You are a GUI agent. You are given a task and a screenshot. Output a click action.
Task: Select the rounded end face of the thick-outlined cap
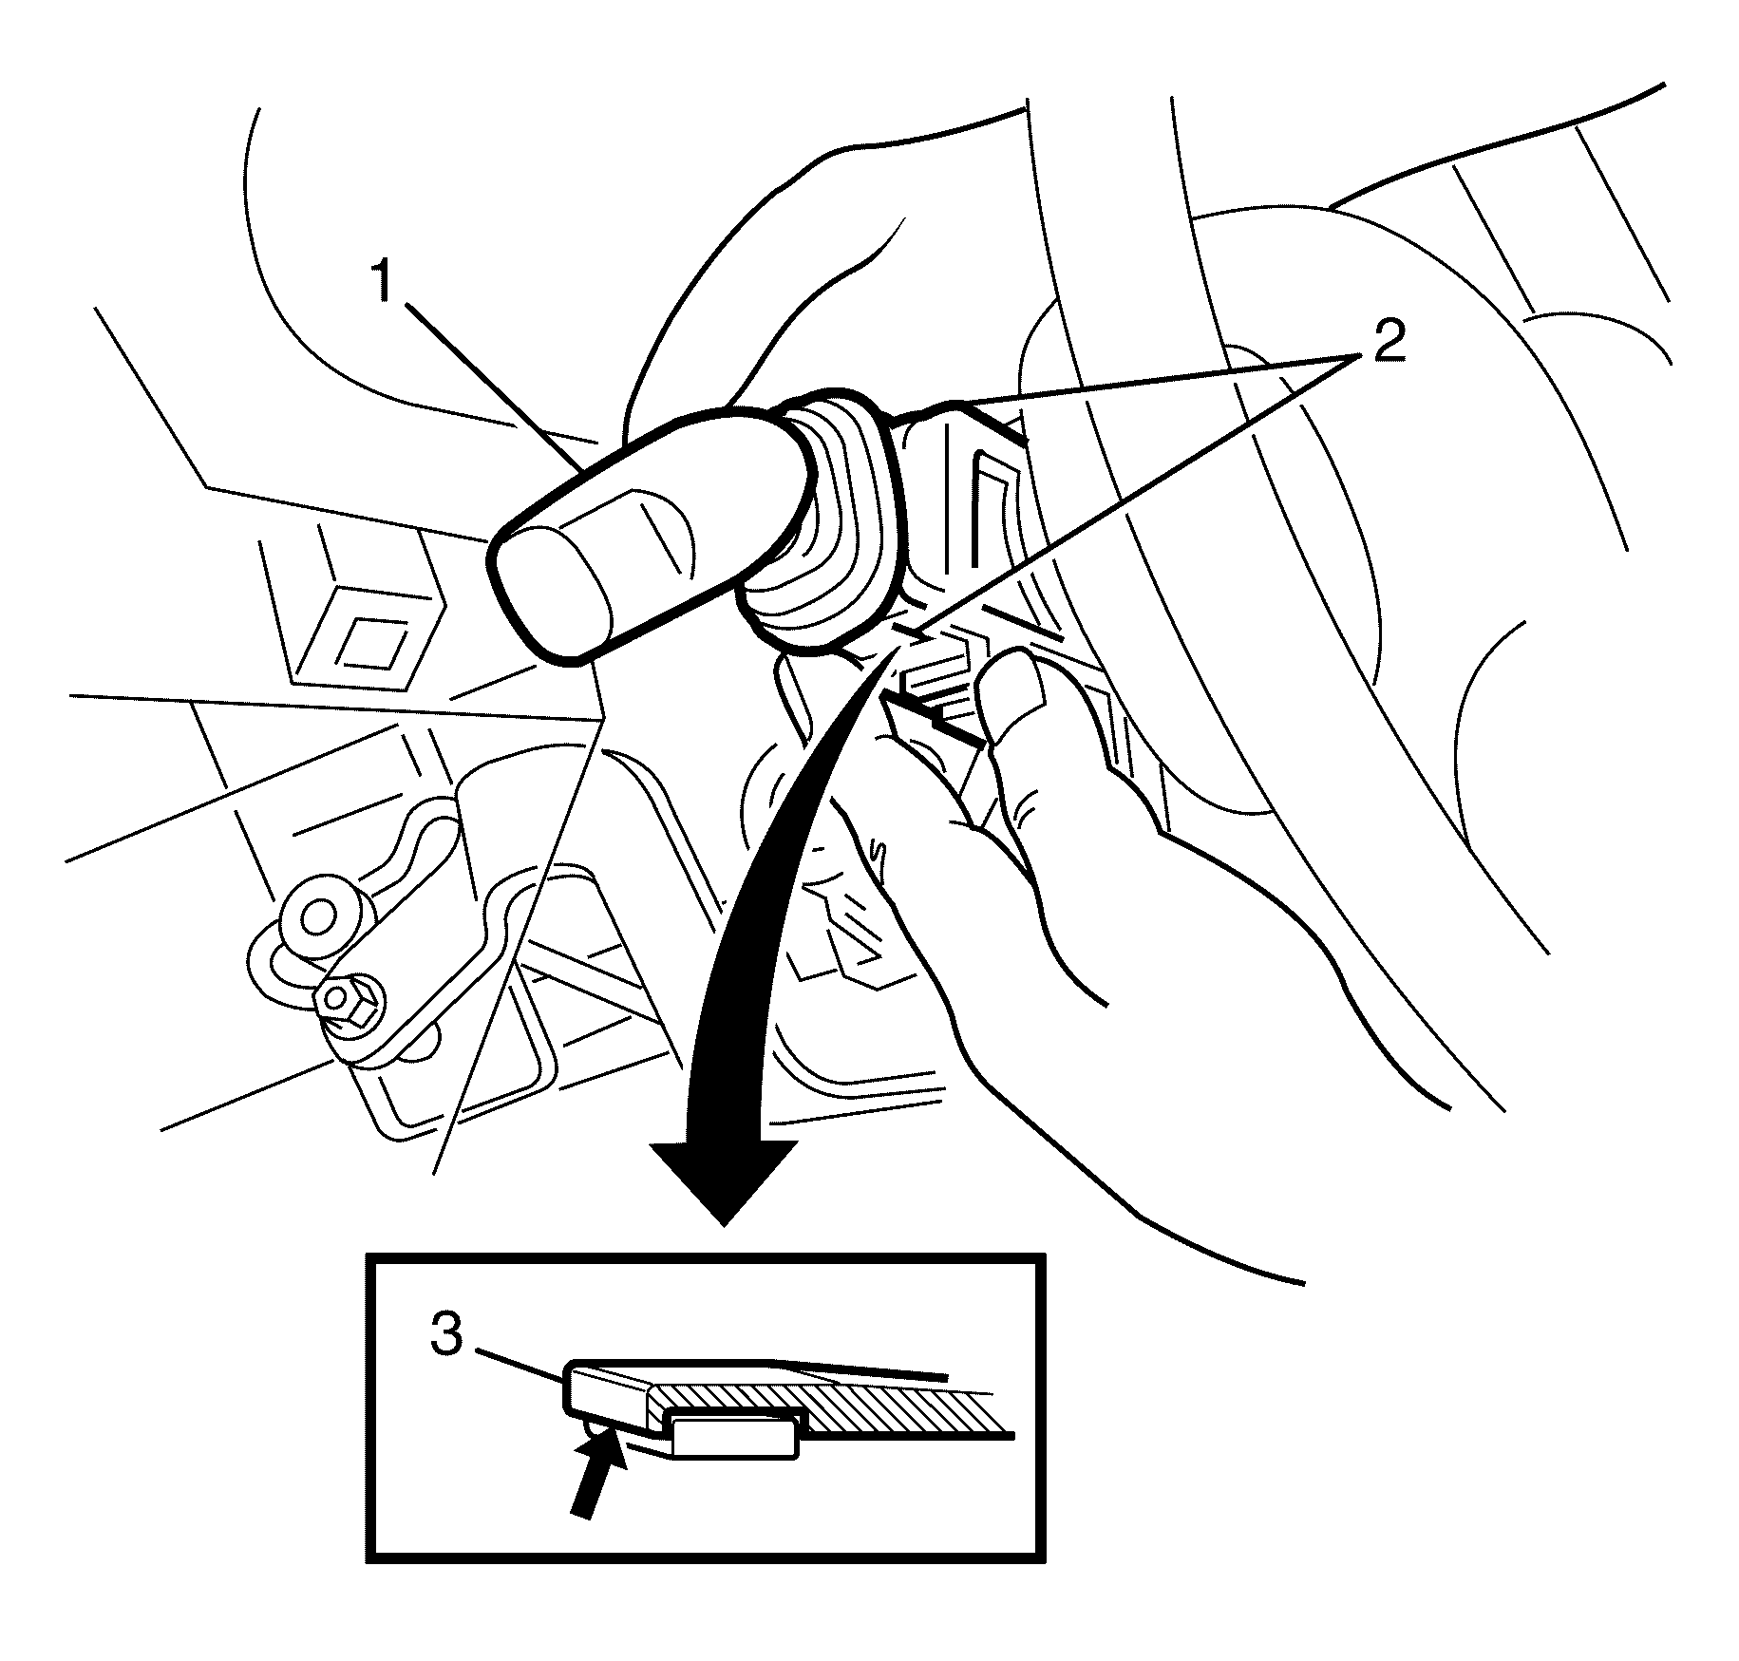click(x=553, y=593)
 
